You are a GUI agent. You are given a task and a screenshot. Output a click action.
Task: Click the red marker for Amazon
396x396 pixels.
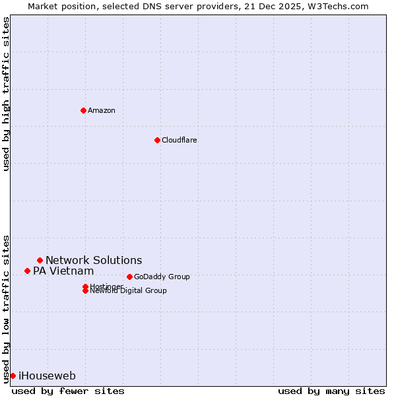click(x=83, y=110)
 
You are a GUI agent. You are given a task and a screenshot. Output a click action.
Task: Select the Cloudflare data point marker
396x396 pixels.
click(x=157, y=140)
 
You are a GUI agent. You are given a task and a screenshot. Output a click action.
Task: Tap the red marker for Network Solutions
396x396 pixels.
click(x=40, y=260)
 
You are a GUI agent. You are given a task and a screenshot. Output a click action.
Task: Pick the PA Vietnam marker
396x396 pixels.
click(x=27, y=271)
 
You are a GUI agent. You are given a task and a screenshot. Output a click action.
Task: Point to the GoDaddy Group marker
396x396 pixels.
click(x=129, y=277)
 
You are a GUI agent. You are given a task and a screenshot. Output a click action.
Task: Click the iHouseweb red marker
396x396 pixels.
click(x=13, y=376)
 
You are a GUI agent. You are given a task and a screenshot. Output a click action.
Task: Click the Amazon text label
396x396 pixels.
click(x=102, y=110)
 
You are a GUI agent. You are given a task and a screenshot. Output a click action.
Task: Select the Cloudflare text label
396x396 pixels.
click(x=180, y=140)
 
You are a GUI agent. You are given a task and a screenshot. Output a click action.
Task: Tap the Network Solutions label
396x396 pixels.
click(x=94, y=260)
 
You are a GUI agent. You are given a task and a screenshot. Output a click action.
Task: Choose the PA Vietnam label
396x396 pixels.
click(x=63, y=271)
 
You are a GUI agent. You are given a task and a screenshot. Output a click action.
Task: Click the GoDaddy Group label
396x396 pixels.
click(x=162, y=277)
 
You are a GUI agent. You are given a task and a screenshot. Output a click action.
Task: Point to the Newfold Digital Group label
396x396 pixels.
click(x=129, y=291)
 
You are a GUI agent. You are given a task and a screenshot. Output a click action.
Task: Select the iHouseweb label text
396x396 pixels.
click(x=47, y=376)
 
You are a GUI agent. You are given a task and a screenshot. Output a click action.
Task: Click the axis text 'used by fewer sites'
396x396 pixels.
click(x=68, y=391)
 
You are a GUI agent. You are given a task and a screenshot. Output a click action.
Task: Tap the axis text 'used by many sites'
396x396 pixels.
click(x=331, y=391)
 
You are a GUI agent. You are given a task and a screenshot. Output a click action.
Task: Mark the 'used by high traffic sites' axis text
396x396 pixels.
click(x=6, y=94)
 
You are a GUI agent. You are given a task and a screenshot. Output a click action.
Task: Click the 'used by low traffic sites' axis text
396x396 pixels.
click(x=6, y=308)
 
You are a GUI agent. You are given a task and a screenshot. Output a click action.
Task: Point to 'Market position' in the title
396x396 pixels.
click(x=57, y=6)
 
